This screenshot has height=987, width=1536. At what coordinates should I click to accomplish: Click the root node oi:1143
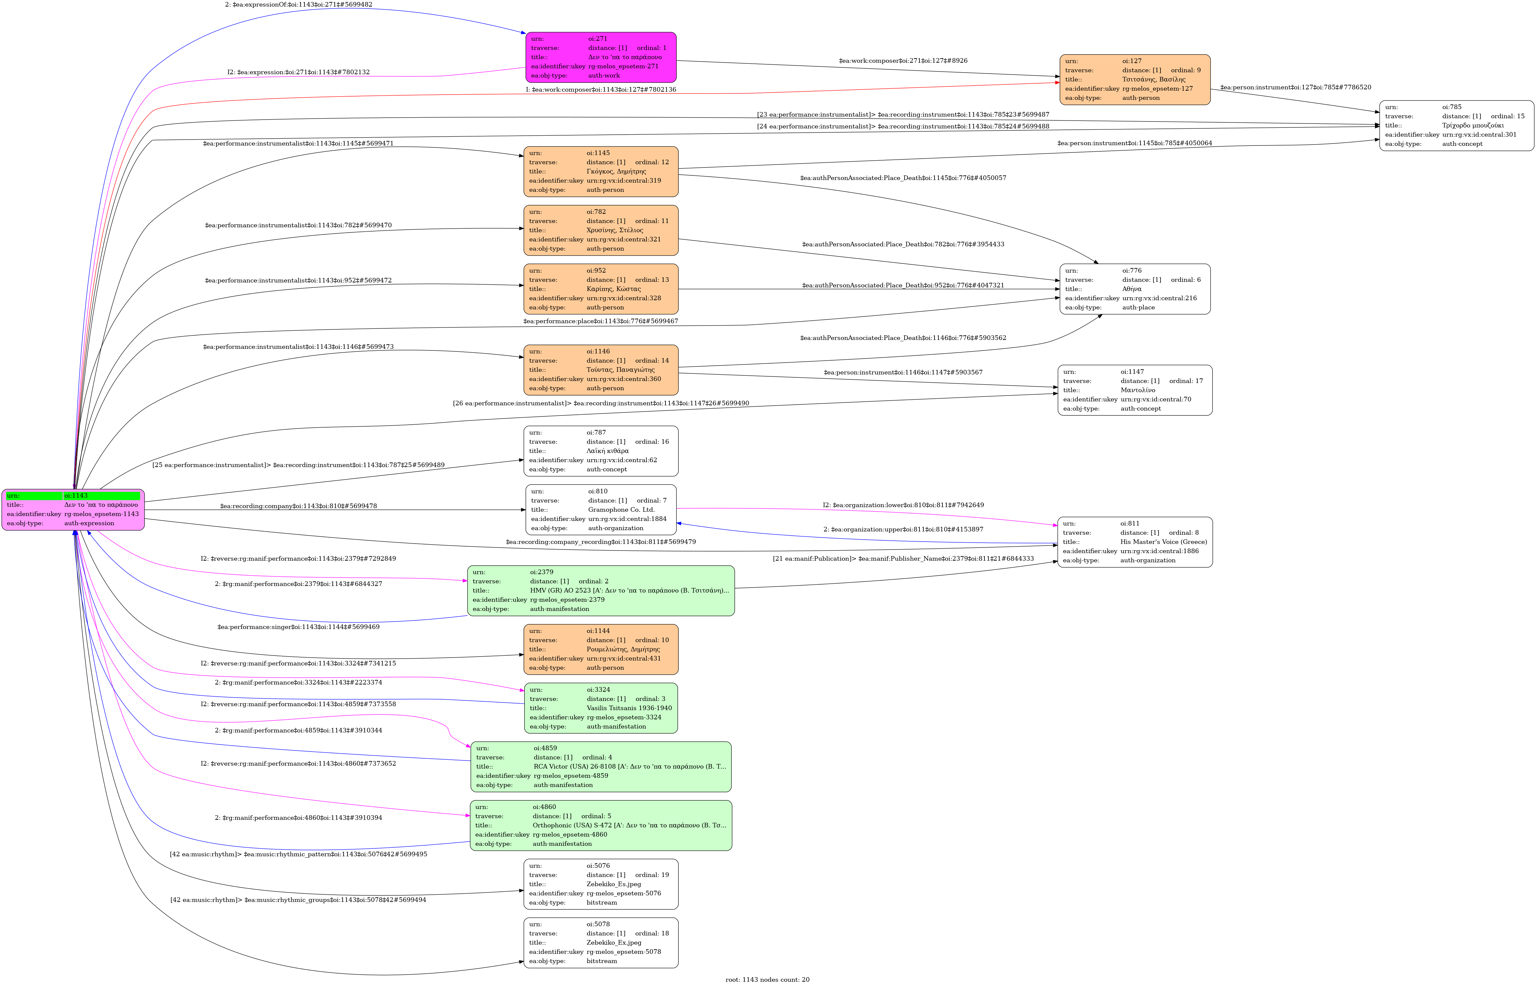click(x=73, y=509)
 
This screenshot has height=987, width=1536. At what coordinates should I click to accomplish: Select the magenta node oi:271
click(x=600, y=57)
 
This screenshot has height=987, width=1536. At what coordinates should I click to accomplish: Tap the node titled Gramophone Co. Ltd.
click(x=600, y=509)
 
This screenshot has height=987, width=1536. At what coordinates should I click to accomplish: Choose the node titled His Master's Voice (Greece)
click(x=1134, y=542)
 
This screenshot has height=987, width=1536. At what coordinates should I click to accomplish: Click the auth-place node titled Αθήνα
click(x=1134, y=289)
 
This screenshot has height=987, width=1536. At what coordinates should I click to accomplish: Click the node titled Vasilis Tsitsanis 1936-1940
click(x=600, y=707)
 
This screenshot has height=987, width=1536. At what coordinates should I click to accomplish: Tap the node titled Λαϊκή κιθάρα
click(x=600, y=451)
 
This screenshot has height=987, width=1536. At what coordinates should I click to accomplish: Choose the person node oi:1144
click(x=600, y=649)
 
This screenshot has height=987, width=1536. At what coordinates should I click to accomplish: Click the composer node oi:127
click(x=1134, y=79)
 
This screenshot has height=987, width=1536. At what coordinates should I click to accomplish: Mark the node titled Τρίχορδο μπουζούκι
click(x=1456, y=125)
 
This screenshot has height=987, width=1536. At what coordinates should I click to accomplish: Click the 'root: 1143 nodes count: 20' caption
click(x=767, y=979)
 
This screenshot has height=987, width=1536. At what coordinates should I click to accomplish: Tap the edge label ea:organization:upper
click(x=903, y=529)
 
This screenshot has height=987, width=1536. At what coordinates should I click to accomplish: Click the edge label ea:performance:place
click(x=600, y=321)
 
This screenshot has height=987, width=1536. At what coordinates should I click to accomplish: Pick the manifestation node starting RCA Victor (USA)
click(x=600, y=767)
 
